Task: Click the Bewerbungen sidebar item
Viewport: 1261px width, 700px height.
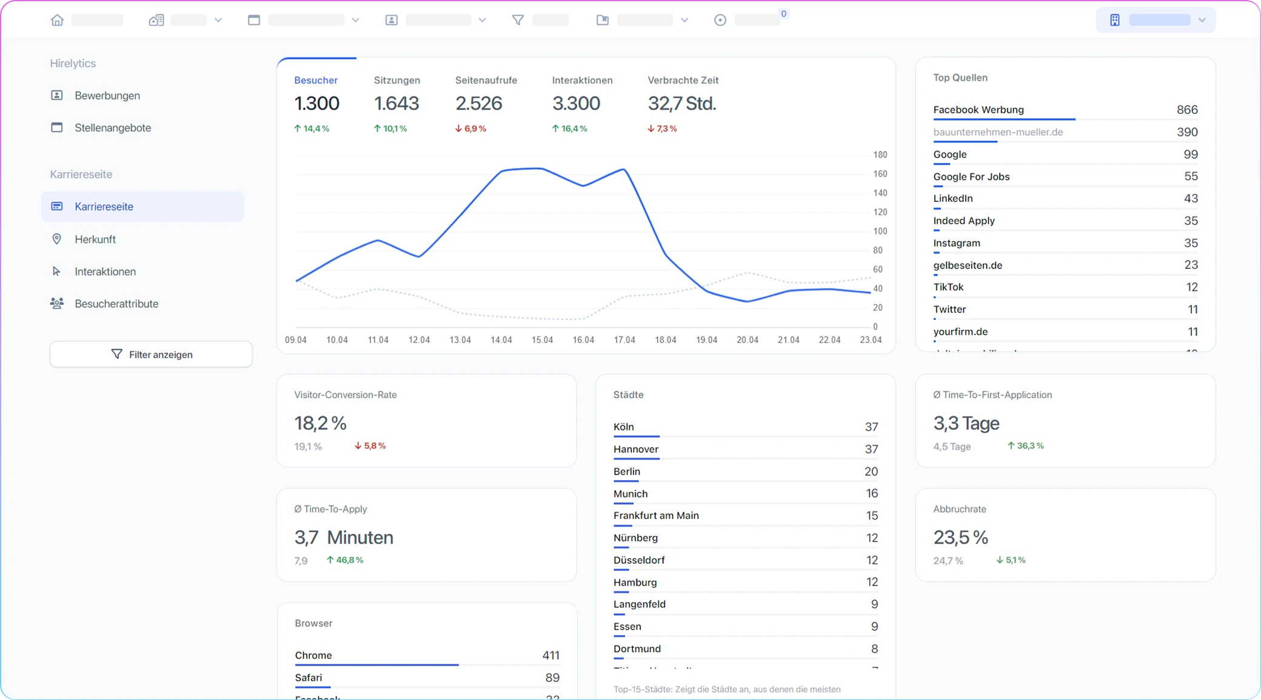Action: click(x=107, y=96)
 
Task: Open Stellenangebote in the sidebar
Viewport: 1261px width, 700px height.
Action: click(x=112, y=128)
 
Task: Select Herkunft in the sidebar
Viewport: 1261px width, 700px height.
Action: click(x=95, y=239)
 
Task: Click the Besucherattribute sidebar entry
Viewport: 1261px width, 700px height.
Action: click(x=116, y=304)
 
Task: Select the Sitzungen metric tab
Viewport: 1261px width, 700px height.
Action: click(x=396, y=80)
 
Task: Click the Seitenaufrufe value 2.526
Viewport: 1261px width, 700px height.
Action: click(x=478, y=104)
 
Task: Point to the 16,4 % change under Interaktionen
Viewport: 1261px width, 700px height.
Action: click(x=569, y=128)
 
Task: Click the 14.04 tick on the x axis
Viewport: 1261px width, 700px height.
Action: click(x=501, y=340)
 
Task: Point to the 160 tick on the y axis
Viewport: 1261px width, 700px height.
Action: click(x=880, y=174)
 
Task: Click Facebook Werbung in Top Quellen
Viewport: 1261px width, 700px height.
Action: click(x=978, y=110)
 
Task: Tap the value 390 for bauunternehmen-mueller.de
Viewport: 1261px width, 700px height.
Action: click(x=1186, y=132)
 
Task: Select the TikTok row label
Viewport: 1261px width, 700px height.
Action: click(x=948, y=287)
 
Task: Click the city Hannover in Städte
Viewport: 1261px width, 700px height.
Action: click(x=635, y=449)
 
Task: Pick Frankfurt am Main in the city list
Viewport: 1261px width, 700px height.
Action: click(x=655, y=516)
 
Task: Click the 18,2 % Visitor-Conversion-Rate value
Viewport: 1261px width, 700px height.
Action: click(x=320, y=423)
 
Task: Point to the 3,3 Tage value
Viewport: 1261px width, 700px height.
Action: click(x=966, y=423)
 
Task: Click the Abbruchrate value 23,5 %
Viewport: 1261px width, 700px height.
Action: click(x=960, y=538)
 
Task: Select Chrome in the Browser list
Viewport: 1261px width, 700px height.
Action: click(x=313, y=655)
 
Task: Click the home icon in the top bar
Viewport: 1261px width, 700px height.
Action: click(x=57, y=20)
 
